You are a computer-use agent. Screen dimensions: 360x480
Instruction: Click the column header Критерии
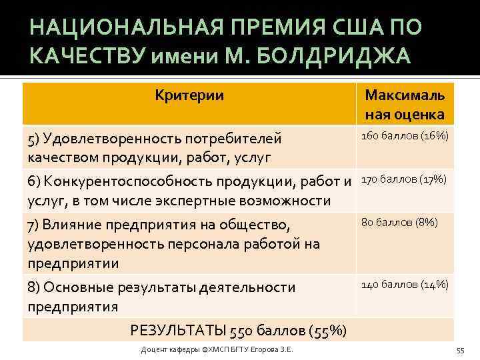(x=189, y=95)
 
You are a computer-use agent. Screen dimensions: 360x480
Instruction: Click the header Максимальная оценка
(x=405, y=105)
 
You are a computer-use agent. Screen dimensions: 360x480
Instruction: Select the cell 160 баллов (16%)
(x=405, y=136)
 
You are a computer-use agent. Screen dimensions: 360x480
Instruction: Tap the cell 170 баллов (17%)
(x=405, y=179)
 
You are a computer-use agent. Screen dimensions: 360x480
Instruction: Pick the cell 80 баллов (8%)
(x=399, y=222)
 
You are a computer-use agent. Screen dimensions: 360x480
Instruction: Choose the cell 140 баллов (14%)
(x=405, y=285)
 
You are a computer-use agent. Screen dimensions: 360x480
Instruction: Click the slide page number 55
(x=460, y=351)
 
